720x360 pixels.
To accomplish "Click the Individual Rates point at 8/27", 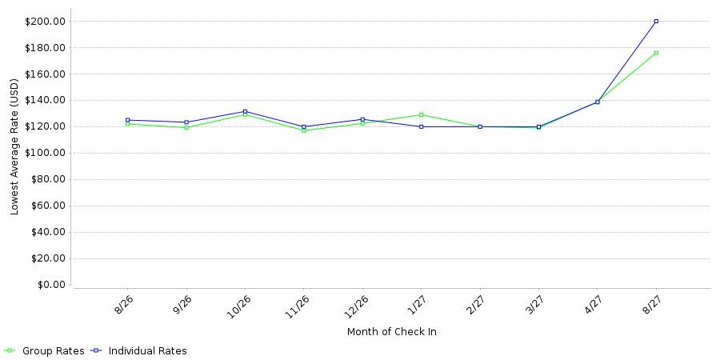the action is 656,21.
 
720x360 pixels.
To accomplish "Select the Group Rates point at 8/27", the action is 656,53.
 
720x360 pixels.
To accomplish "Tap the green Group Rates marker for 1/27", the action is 421,114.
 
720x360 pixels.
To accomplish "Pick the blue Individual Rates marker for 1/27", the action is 421,126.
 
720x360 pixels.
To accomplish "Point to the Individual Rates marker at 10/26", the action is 245,111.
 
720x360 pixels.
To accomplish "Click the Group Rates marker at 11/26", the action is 303,130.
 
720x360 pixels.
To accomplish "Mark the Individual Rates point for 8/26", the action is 127,120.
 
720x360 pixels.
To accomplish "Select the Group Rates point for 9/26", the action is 186,127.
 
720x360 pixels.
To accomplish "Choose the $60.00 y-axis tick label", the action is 48,206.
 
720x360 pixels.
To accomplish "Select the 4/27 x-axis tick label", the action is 594,303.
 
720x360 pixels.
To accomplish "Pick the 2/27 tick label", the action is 476,303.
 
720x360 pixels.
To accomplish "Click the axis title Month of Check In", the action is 392,332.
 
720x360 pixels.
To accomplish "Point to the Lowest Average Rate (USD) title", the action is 14,146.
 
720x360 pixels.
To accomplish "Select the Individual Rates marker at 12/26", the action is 362,119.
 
